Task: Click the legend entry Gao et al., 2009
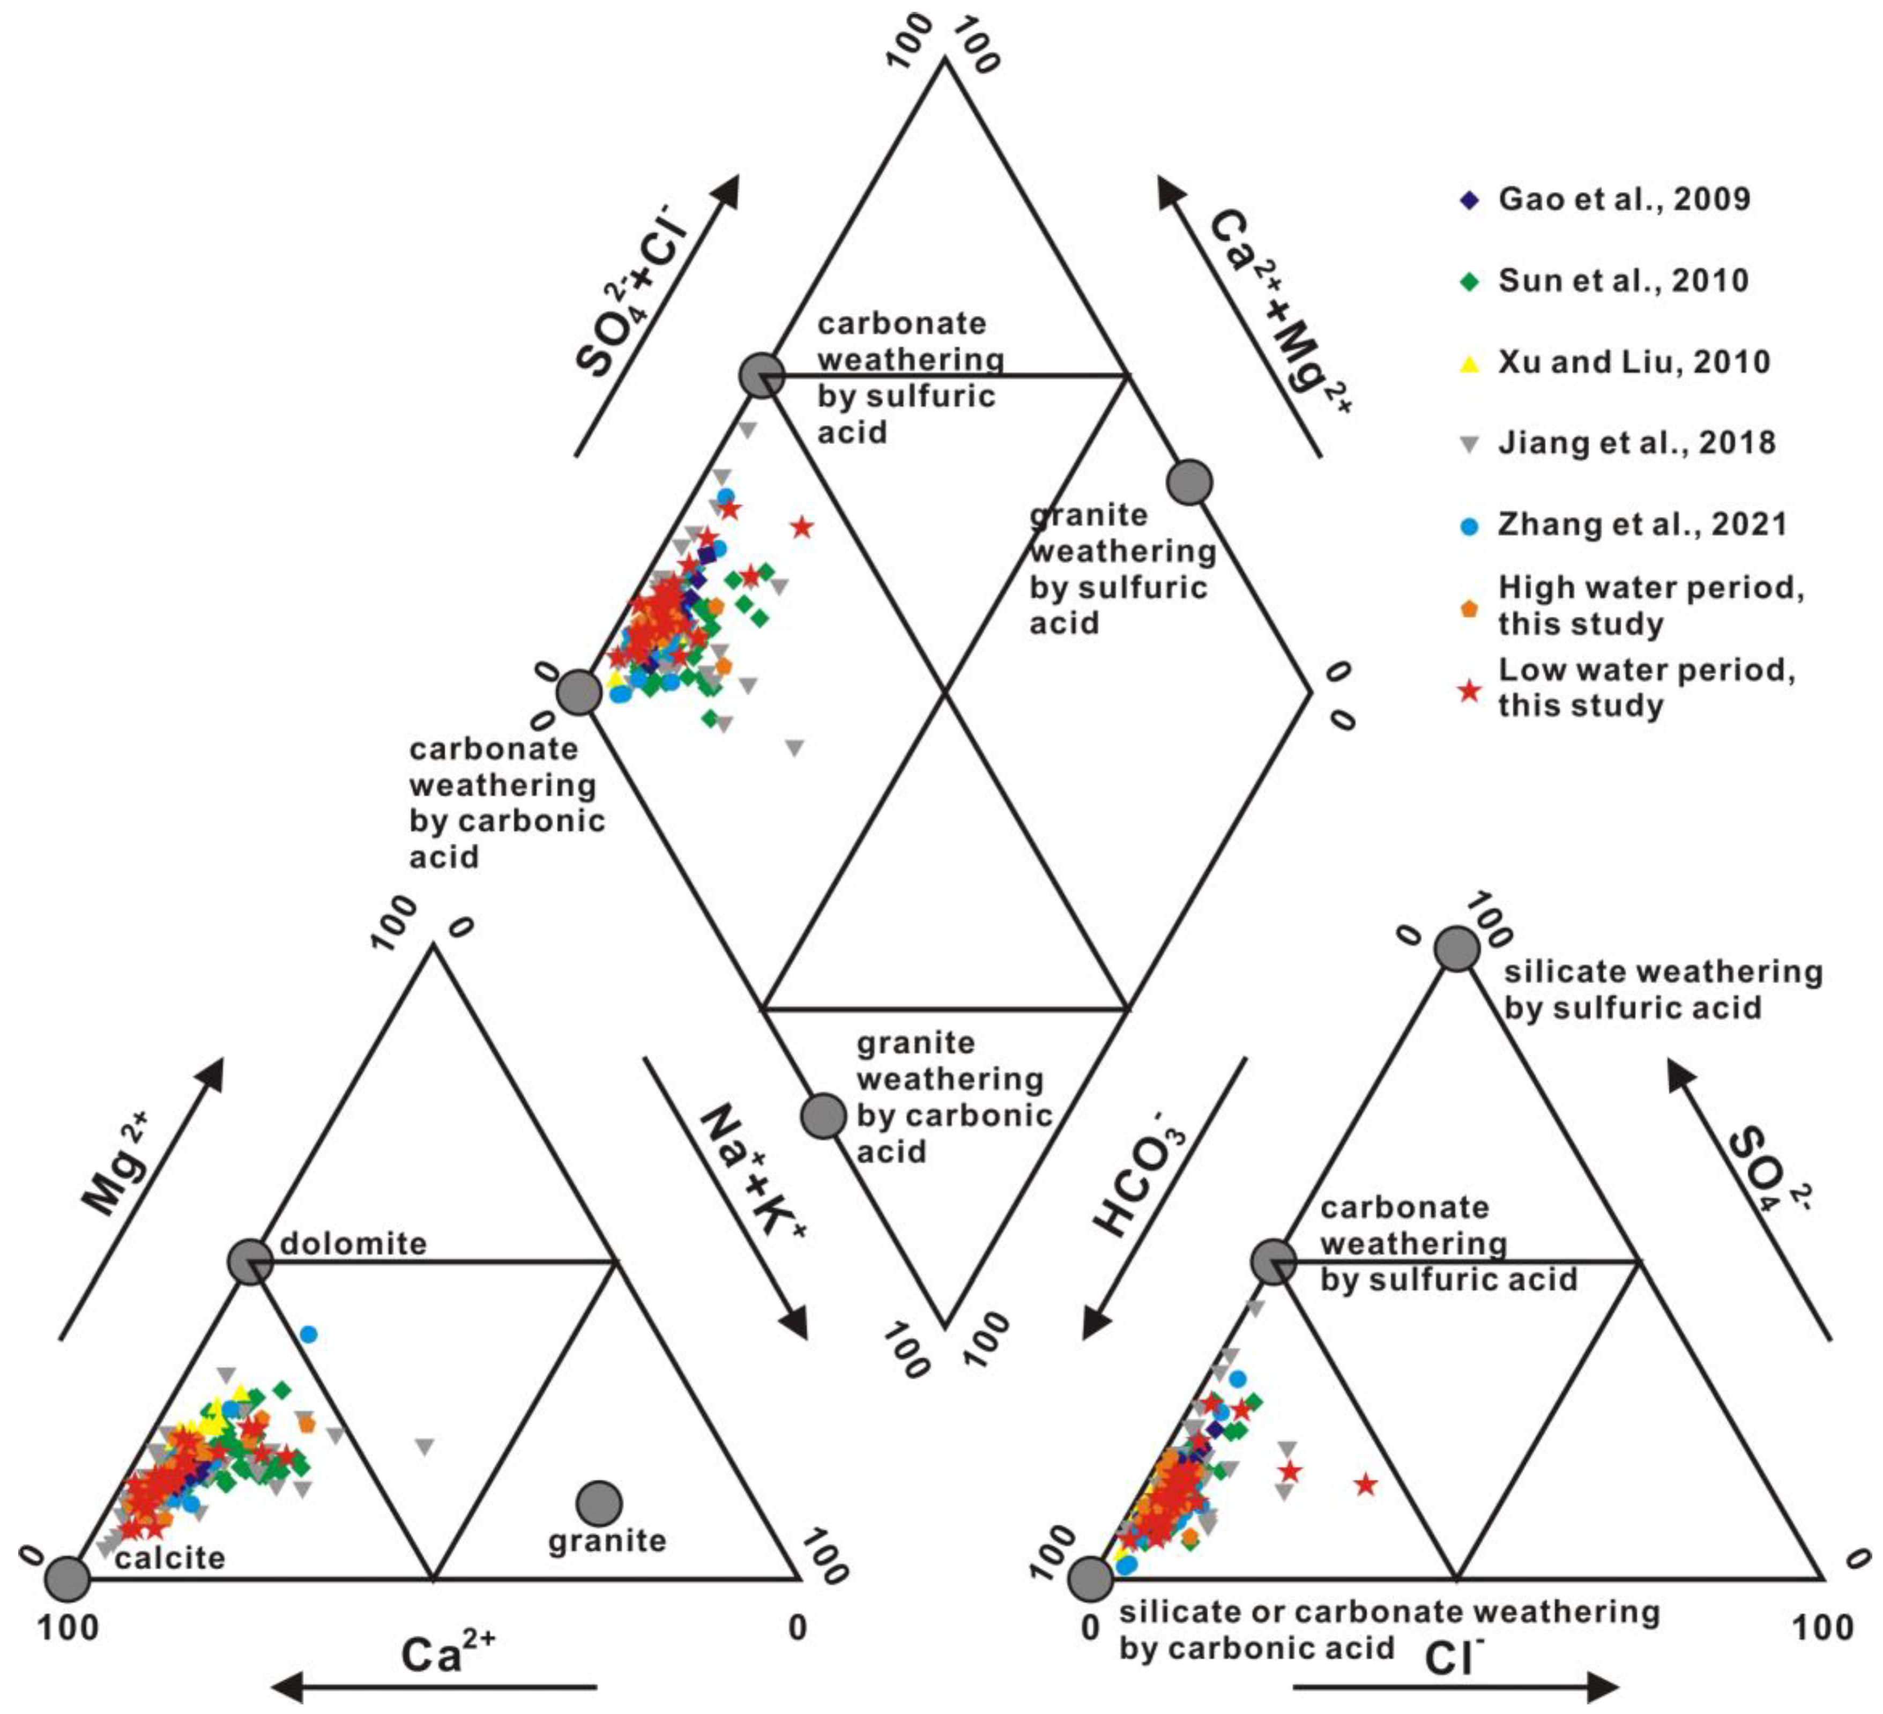click(x=1624, y=199)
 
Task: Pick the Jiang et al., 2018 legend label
click(x=1636, y=443)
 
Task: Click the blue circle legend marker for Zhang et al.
click(x=1469, y=526)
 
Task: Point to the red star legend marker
click(x=1469, y=691)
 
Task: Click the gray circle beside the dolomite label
click(x=250, y=1262)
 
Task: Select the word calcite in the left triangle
click(x=170, y=1558)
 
